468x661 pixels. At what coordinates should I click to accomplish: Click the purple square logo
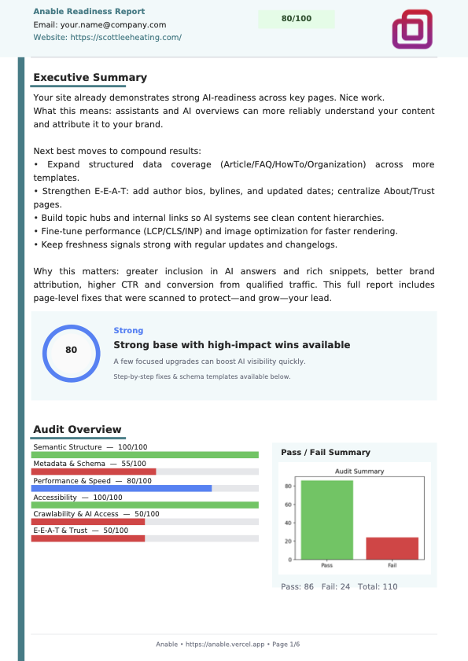tap(412, 29)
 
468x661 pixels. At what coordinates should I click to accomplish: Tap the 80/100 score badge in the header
tap(296, 19)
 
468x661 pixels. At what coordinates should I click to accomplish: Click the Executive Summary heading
tap(90, 78)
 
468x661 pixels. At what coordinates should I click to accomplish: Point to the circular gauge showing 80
tap(71, 351)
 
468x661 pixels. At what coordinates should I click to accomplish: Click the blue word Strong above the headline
tap(128, 331)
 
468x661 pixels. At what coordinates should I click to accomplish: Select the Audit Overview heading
tap(77, 429)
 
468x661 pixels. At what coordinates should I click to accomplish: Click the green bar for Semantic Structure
tap(146, 455)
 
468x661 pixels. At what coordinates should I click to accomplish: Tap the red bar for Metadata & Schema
tap(93, 472)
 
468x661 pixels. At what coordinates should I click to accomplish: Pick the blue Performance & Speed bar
tap(122, 488)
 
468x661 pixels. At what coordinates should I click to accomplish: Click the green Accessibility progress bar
tap(146, 505)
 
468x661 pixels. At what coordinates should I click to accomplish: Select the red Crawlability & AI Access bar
tap(87, 521)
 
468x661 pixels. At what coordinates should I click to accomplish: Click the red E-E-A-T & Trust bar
tap(87, 538)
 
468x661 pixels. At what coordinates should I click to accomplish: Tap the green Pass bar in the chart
tap(326, 520)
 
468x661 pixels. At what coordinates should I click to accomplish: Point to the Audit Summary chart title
tap(359, 472)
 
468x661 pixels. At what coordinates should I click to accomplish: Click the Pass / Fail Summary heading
tap(326, 452)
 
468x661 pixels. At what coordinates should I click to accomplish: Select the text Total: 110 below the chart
tap(378, 587)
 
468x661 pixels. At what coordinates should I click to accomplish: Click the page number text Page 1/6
tap(286, 644)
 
